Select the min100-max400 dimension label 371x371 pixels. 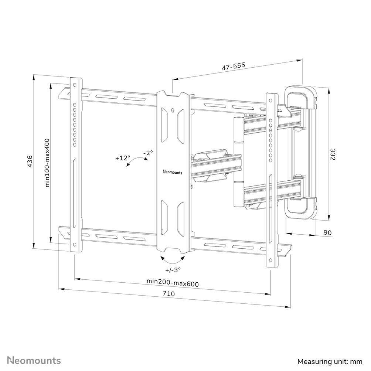(x=47, y=163)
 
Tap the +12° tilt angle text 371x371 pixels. (x=123, y=158)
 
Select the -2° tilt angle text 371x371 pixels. (x=148, y=152)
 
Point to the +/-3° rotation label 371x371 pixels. (x=173, y=270)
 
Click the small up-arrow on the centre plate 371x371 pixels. (x=173, y=110)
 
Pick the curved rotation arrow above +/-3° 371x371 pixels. (x=173, y=258)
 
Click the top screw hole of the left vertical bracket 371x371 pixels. (x=75, y=86)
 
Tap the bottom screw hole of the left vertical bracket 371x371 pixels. (x=75, y=244)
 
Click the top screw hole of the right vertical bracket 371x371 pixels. (x=271, y=101)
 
